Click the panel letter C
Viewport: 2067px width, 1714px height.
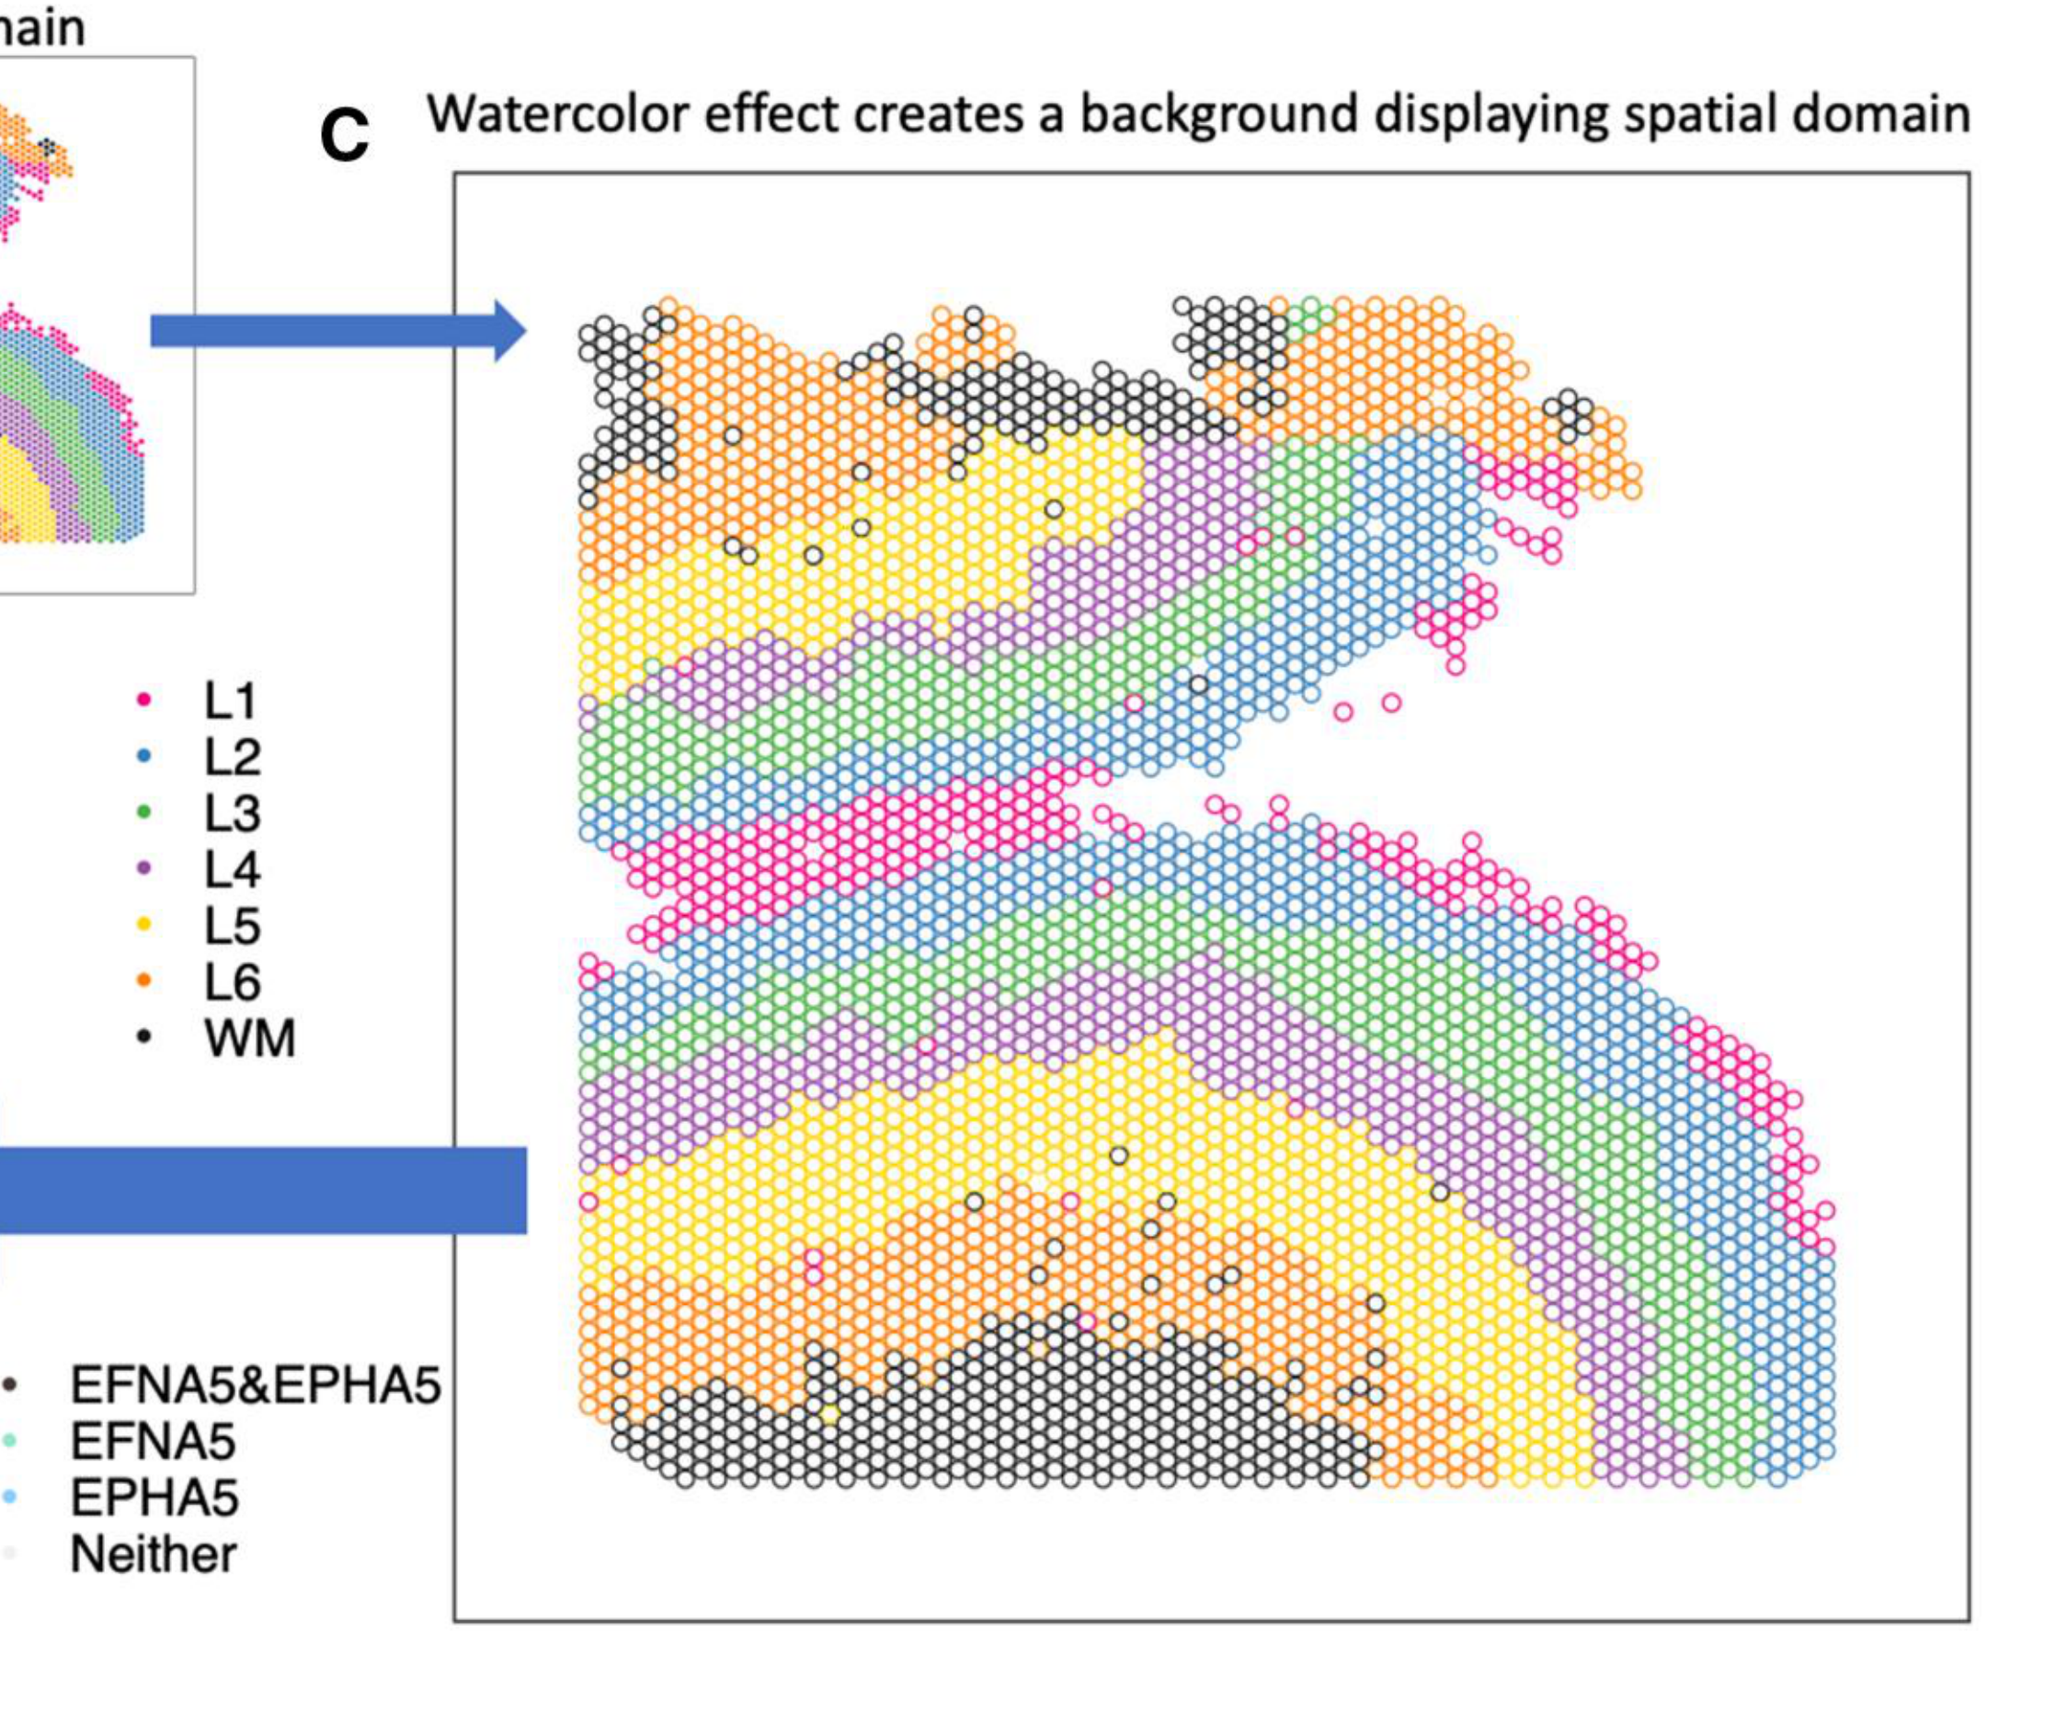(345, 135)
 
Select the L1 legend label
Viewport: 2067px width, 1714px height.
(230, 701)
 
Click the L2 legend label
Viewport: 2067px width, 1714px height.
(233, 757)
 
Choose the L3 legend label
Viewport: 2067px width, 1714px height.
(233, 813)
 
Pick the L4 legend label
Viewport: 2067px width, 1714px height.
(233, 869)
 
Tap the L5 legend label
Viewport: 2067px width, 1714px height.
(233, 925)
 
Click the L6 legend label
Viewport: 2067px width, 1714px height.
(233, 981)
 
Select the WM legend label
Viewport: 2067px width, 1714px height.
(249, 1037)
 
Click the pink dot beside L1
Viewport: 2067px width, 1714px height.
(143, 700)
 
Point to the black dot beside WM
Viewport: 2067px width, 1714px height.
(143, 1036)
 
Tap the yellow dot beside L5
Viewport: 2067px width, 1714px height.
(143, 924)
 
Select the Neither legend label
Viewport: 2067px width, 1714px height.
(154, 1555)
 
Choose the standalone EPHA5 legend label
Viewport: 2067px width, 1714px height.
(154, 1499)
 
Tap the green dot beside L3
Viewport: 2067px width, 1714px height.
(143, 812)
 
